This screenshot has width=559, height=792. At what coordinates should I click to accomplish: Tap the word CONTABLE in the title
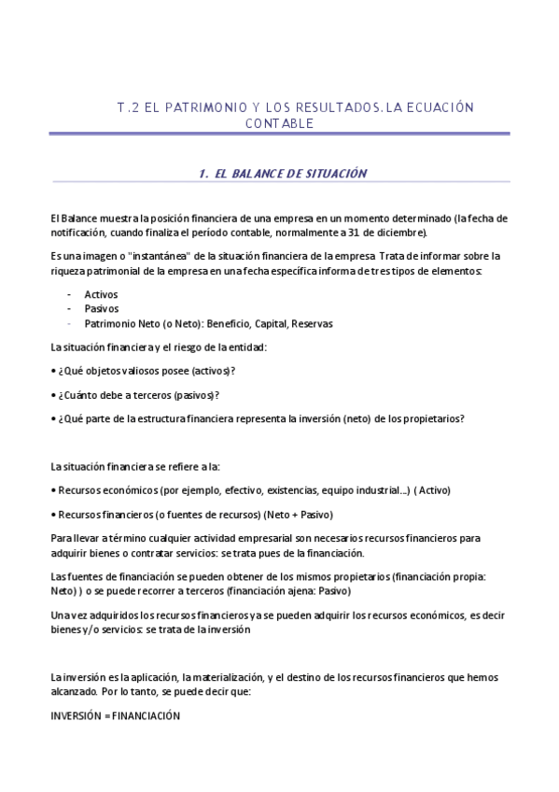click(279, 123)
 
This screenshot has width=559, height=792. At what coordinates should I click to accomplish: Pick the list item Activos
click(101, 294)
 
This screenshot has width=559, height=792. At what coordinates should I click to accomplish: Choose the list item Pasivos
click(101, 309)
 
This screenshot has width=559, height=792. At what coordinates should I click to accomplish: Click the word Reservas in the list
click(312, 324)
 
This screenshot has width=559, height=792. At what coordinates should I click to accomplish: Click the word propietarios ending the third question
click(433, 418)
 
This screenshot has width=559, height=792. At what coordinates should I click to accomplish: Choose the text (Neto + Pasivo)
click(299, 514)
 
